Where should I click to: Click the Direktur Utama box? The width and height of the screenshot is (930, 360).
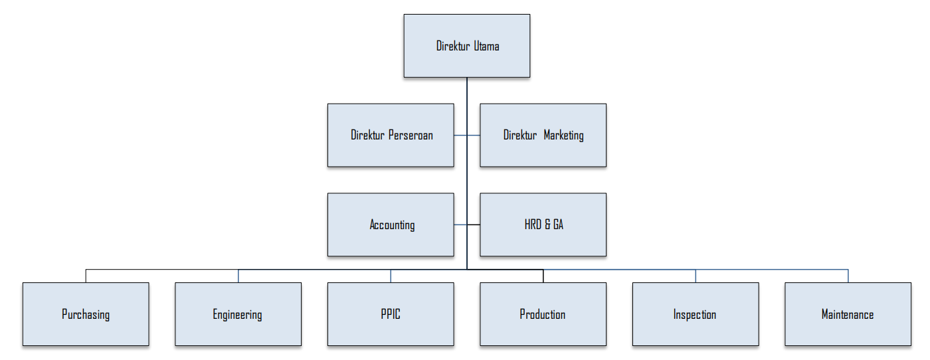coord(466,46)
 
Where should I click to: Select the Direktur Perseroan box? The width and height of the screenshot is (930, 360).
coord(391,135)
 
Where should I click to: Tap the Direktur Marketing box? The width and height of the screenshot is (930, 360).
coord(543,135)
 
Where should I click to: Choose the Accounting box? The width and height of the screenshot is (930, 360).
coord(391,225)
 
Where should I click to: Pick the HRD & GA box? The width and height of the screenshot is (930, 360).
coord(543,225)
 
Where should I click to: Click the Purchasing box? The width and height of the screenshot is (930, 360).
coord(86,314)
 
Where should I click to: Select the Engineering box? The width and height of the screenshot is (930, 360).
coord(238,314)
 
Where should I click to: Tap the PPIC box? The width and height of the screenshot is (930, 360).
coord(391,314)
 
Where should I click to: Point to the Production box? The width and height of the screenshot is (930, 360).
coord(543,314)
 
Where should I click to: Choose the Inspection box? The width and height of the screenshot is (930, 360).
coord(695,314)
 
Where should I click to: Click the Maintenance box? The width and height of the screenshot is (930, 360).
coord(848,314)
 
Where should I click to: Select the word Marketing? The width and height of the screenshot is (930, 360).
coord(563,135)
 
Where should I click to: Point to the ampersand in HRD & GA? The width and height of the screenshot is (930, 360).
coord(547,225)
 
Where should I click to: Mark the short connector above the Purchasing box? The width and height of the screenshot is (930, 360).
coord(86,276)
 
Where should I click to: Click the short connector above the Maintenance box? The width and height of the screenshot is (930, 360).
coord(848,276)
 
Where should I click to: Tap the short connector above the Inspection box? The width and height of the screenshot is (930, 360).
coord(696,276)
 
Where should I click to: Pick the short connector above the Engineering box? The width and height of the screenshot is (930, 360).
coord(238,276)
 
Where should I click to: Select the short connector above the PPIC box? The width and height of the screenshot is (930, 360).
coord(391,276)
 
